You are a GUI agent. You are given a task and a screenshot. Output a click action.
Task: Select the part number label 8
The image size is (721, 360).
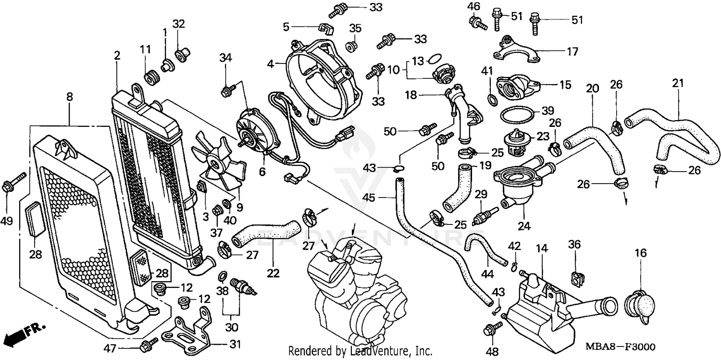(70, 97)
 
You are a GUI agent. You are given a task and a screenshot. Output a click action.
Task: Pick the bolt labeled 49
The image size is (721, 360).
(14, 183)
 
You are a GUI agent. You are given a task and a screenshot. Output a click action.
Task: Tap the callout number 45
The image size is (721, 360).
(369, 197)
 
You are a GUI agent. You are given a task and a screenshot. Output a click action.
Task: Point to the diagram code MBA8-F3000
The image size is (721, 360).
(620, 347)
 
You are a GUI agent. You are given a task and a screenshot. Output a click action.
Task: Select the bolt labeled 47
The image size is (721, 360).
(149, 345)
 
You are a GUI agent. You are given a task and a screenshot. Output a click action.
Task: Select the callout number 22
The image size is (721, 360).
(273, 273)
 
